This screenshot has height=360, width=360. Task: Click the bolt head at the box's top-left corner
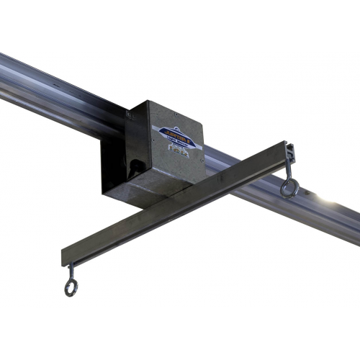click(x=130, y=112)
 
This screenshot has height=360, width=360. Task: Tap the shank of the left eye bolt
click(x=71, y=272)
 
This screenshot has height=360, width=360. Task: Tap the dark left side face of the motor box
click(x=113, y=166)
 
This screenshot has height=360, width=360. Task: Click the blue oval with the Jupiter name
click(x=172, y=132)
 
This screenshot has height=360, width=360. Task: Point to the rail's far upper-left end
click(x=6, y=68)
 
